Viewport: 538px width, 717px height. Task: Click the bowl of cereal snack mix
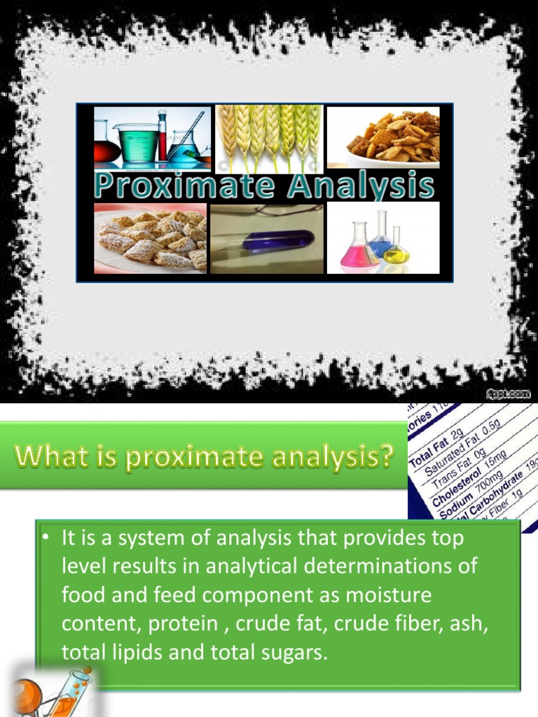pos(385,138)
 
